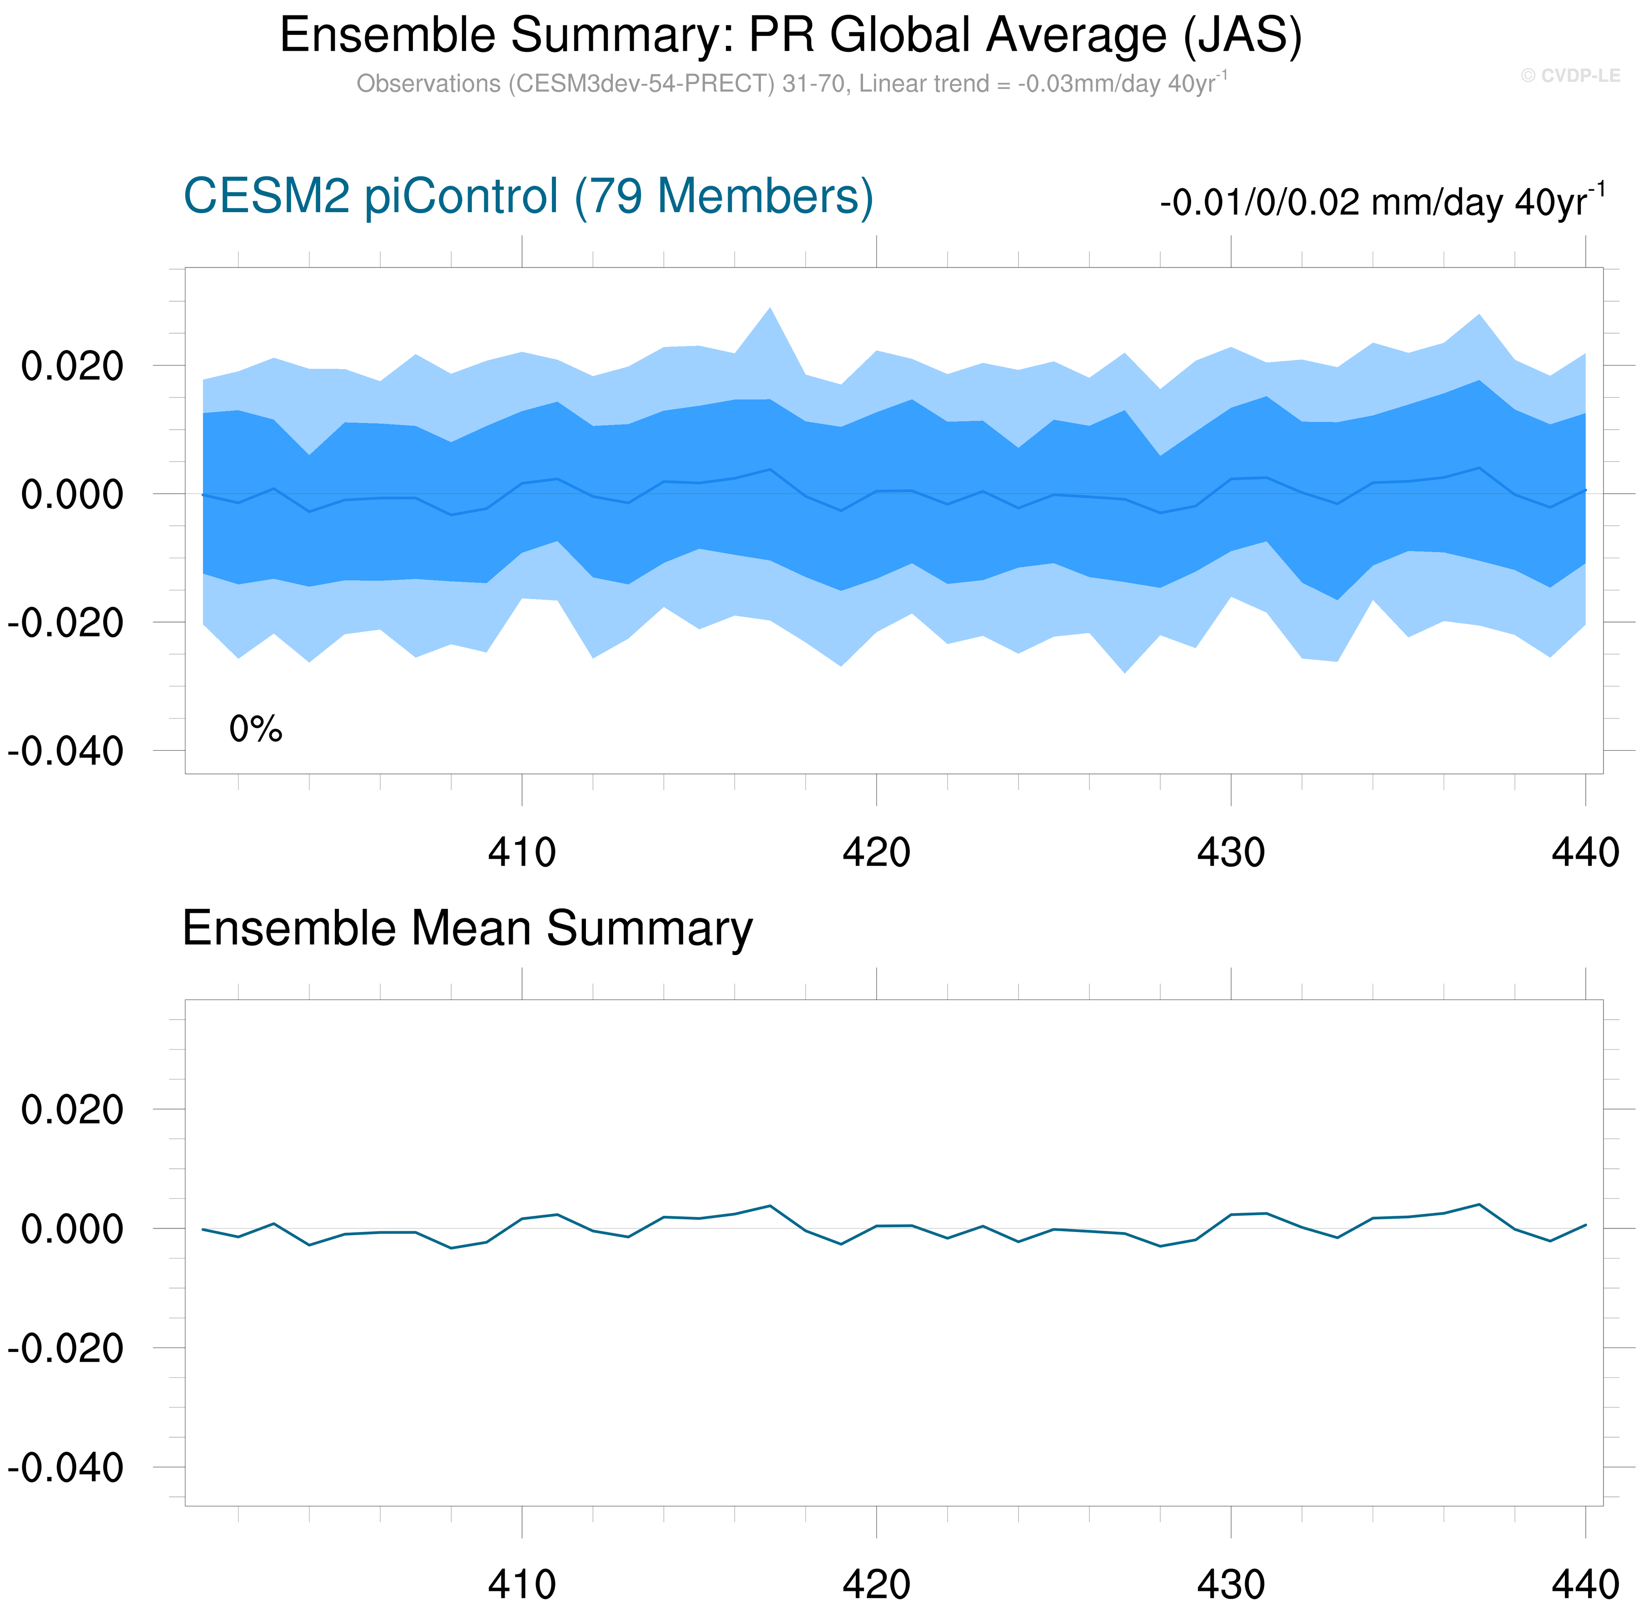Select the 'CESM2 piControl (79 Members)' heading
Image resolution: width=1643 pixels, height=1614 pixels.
(x=528, y=197)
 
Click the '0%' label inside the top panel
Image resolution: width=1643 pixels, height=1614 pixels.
(x=255, y=729)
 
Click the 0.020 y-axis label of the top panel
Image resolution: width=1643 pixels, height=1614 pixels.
(x=72, y=366)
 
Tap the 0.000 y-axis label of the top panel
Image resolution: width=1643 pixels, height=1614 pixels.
(x=72, y=494)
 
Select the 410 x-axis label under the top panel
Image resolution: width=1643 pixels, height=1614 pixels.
(x=521, y=852)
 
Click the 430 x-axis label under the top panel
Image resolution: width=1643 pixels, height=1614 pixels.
(x=1230, y=852)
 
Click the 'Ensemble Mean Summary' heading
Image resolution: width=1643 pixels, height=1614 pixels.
(x=467, y=928)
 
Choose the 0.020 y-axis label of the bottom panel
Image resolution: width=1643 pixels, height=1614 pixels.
(x=72, y=1109)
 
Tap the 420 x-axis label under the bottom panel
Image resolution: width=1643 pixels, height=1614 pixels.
(x=876, y=1584)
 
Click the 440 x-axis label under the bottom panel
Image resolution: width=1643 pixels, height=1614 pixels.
(x=1584, y=1584)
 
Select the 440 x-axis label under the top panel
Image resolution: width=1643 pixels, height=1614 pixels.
(x=1584, y=852)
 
